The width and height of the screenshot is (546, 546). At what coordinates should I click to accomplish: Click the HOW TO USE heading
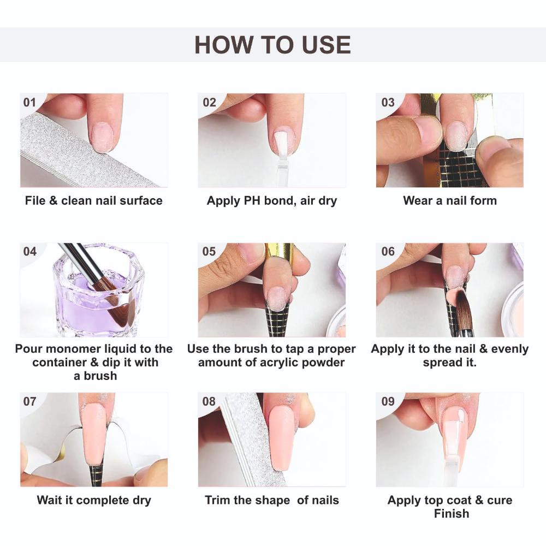[x=272, y=44]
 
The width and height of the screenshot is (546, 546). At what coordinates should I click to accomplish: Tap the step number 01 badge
[x=29, y=103]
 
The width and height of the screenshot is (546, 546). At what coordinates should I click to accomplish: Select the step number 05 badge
[x=209, y=252]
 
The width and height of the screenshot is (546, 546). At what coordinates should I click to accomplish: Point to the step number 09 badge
[x=388, y=401]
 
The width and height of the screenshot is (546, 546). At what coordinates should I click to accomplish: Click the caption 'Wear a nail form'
[x=450, y=200]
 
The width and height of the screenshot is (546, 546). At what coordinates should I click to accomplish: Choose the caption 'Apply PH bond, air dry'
[x=272, y=200]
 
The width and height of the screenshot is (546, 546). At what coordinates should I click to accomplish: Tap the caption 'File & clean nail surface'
[x=93, y=200]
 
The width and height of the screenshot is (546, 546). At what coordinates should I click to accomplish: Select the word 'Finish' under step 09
[x=452, y=513]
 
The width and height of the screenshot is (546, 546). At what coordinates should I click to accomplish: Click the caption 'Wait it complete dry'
[x=93, y=500]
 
